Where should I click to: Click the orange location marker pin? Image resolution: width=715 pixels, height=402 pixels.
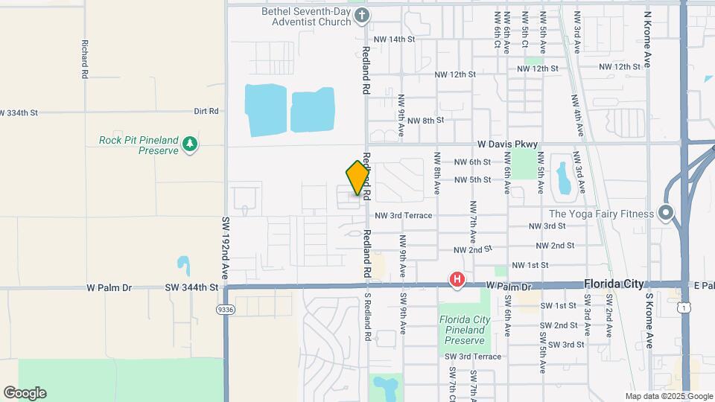pyautogui.click(x=358, y=178)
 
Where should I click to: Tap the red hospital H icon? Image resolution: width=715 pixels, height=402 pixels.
pyautogui.click(x=457, y=280)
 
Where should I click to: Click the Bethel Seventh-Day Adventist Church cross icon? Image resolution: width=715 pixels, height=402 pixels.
pyautogui.click(x=361, y=15)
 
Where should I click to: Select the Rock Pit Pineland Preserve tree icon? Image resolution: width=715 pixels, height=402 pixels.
pyautogui.click(x=190, y=143)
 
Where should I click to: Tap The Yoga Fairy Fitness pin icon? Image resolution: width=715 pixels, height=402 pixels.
pyautogui.click(x=666, y=214)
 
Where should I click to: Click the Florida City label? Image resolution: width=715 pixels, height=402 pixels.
pyautogui.click(x=614, y=284)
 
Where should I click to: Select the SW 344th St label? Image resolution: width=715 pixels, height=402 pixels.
pyautogui.click(x=191, y=287)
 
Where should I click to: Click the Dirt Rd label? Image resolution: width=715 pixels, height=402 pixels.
pyautogui.click(x=206, y=111)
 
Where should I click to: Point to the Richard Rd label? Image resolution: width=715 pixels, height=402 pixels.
pyautogui.click(x=85, y=60)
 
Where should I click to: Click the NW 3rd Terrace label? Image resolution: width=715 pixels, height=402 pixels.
pyautogui.click(x=403, y=215)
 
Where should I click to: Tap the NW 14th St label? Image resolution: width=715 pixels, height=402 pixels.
pyautogui.click(x=394, y=39)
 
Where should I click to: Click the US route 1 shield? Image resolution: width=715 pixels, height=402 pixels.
pyautogui.click(x=684, y=305)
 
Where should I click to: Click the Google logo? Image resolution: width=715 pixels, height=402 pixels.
pyautogui.click(x=25, y=392)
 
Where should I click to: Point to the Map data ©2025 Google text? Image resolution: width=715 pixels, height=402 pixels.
pyautogui.click(x=668, y=396)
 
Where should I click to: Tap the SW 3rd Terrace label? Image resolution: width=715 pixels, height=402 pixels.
pyautogui.click(x=473, y=357)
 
